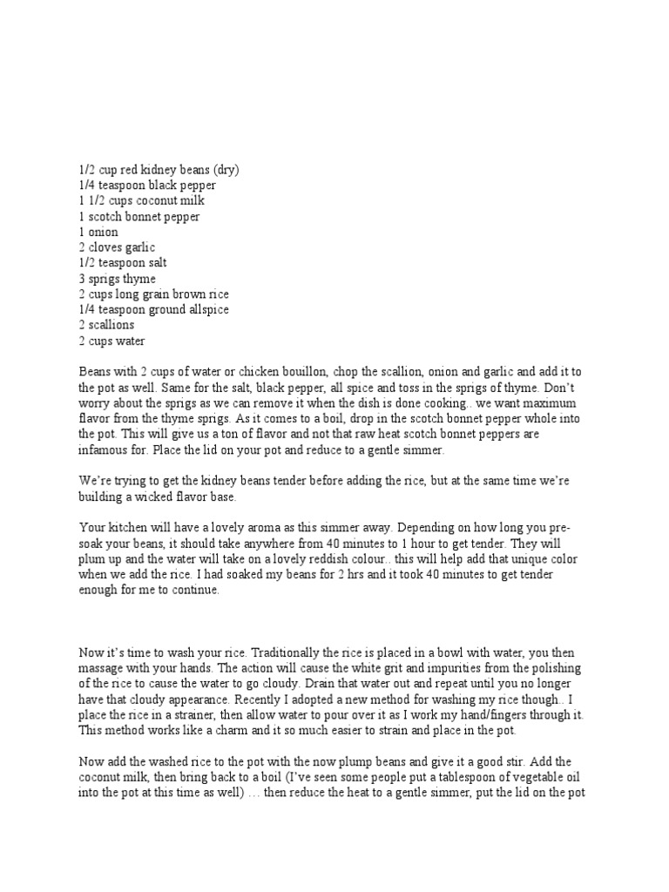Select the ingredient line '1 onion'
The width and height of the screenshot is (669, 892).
click(x=98, y=233)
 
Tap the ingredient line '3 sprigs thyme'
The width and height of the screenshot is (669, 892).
click(x=117, y=279)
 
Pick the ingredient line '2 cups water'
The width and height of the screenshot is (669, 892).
click(x=111, y=341)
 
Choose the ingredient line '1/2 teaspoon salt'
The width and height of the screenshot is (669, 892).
click(x=124, y=263)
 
